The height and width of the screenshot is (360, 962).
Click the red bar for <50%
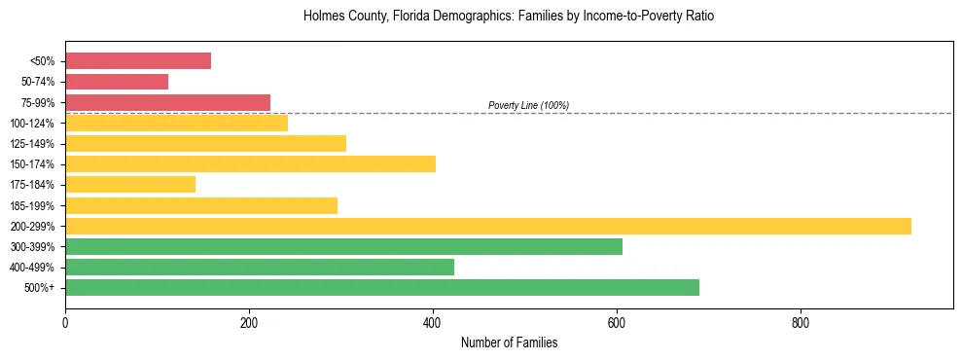coord(138,61)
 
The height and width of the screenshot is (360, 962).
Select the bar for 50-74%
coord(117,82)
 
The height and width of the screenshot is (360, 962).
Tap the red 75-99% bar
coord(167,102)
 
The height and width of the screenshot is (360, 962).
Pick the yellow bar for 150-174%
coord(250,163)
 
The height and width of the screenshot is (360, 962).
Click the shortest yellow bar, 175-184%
coord(130,184)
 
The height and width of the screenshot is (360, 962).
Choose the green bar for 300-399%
coord(343,246)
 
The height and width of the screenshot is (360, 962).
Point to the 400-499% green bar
coord(260,267)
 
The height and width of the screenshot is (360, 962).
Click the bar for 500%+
coord(382,287)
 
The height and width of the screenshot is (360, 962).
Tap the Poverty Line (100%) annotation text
coord(528,105)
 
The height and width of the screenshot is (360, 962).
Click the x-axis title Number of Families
coord(509,343)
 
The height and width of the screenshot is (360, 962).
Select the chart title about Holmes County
coord(509,17)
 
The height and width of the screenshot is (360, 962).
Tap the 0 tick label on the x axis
coord(65,322)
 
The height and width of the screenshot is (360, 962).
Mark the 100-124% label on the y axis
coord(34,124)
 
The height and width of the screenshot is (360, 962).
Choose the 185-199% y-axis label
coord(34,205)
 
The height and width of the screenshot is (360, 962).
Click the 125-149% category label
coord(34,144)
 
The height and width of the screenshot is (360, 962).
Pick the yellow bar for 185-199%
coord(201,205)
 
